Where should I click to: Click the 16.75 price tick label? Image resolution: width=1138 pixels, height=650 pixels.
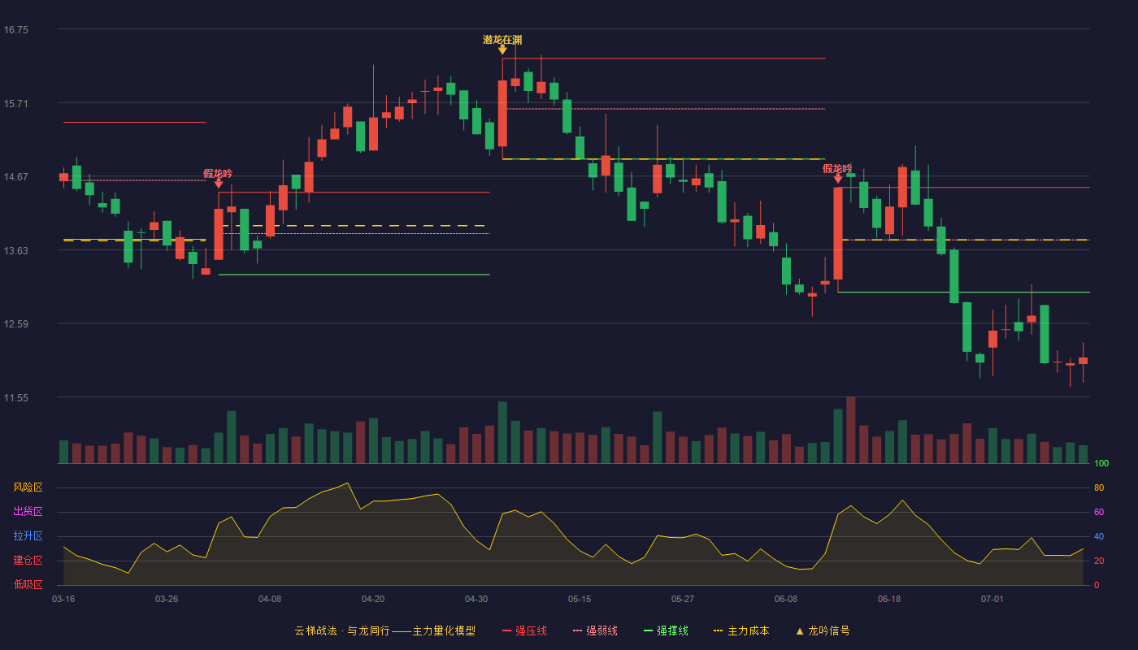pos(16,30)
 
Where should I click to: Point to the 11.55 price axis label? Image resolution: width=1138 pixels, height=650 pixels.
pos(16,398)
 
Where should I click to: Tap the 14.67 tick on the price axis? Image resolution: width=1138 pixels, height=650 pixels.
pos(16,177)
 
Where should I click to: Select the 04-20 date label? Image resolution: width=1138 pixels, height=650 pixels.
pos(373,600)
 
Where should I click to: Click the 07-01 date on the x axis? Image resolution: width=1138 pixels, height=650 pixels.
pos(992,600)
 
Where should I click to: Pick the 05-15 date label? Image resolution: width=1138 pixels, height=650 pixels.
pos(580,600)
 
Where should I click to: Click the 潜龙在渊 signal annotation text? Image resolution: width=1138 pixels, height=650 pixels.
pos(502,40)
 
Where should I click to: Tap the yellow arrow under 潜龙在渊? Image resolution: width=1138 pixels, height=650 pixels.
pos(502,50)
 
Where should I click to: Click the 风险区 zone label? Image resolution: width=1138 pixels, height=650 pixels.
pos(28,487)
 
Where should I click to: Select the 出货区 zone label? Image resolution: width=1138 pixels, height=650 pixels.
pos(28,511)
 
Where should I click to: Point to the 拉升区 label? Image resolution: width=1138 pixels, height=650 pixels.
pos(28,535)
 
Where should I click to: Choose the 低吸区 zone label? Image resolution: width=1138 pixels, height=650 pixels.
pos(28,584)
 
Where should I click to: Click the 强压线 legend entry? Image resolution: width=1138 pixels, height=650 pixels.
pos(524,630)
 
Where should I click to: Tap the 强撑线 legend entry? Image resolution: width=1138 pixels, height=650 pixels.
pos(666,630)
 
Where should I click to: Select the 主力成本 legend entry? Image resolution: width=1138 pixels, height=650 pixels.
pos(741,630)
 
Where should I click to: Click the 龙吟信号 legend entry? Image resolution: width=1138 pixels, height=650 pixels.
pos(823,630)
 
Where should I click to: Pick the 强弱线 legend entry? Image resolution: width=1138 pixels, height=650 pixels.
pos(595,630)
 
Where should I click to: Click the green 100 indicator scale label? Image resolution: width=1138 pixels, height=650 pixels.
pos(1101,463)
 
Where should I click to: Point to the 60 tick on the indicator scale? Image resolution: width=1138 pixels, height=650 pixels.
pos(1099,512)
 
